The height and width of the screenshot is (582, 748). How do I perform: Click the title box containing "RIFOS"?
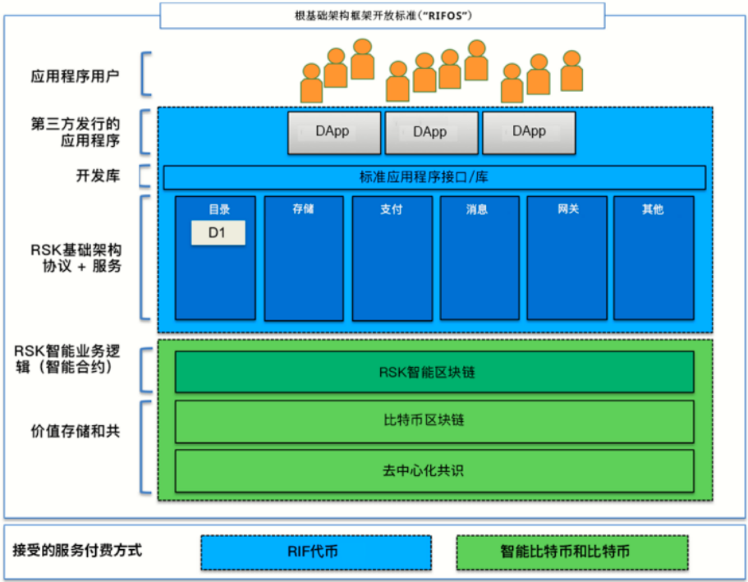pos(382,16)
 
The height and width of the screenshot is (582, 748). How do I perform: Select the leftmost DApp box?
pos(333,132)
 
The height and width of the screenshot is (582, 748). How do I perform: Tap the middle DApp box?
pos(431,132)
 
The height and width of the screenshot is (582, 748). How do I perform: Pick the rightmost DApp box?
pos(529,132)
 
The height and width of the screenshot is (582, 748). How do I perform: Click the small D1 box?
pos(218,233)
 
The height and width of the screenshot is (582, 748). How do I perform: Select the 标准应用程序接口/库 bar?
pos(434,177)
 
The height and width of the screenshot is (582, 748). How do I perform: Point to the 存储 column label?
pos(303,209)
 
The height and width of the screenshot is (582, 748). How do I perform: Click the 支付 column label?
pos(392,209)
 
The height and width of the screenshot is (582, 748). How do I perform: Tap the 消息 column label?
pos(479,209)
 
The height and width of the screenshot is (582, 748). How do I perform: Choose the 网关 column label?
pos(567,209)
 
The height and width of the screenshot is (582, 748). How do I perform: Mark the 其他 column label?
pos(654,209)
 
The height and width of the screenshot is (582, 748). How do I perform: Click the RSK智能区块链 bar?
pos(434,372)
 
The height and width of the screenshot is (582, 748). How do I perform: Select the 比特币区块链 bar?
pos(434,421)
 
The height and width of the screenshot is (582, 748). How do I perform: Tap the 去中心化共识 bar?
pos(434,471)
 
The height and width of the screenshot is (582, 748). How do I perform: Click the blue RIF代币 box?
pos(315,552)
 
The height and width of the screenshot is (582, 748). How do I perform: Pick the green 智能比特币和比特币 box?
pos(572,552)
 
